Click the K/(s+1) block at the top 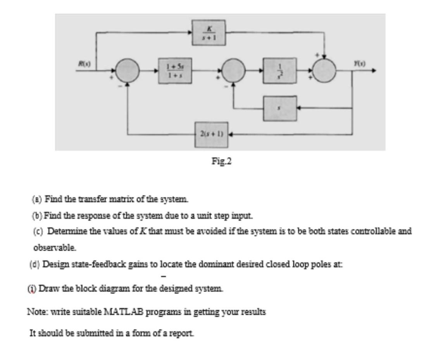(209, 33)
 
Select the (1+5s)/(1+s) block (175, 71)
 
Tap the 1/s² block (280, 71)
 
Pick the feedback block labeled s (280, 109)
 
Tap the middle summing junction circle (233, 71)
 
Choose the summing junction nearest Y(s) (324, 71)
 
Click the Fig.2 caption (221, 161)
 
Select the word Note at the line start (35, 312)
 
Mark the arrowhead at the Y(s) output (373, 71)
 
